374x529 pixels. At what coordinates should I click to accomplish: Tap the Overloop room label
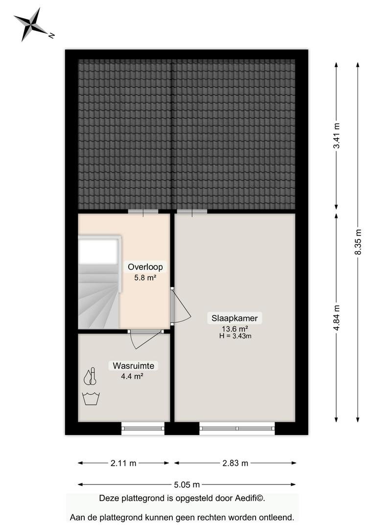click(x=145, y=267)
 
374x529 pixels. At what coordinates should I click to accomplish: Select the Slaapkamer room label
click(x=234, y=318)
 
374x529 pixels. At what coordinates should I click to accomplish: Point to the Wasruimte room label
click(x=134, y=366)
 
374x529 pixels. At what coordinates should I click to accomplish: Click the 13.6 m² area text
click(x=234, y=329)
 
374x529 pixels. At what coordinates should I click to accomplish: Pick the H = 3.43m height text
click(x=235, y=336)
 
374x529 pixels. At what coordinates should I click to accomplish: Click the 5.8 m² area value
click(x=145, y=278)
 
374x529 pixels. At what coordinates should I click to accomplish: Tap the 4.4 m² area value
click(x=132, y=376)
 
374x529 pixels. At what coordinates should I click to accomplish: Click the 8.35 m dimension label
click(x=358, y=242)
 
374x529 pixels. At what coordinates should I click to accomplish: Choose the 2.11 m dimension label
click(x=123, y=463)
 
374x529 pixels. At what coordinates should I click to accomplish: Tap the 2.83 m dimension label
click(x=235, y=463)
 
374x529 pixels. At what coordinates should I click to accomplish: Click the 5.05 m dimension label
click(x=187, y=485)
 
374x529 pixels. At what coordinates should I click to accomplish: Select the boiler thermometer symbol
click(x=91, y=376)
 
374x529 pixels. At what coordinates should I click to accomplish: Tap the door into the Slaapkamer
click(x=180, y=306)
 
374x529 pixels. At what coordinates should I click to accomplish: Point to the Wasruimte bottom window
click(x=143, y=429)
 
